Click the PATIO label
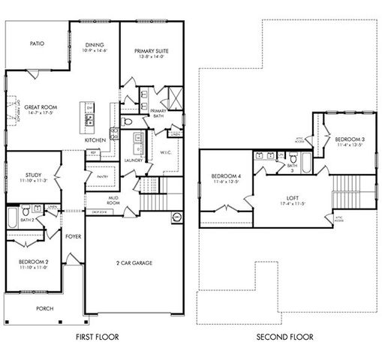click(37, 43)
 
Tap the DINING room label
click(95, 44)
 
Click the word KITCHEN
click(95, 140)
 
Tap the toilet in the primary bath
click(128, 121)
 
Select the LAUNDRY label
click(134, 160)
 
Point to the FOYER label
click(73, 236)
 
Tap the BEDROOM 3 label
click(350, 139)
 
